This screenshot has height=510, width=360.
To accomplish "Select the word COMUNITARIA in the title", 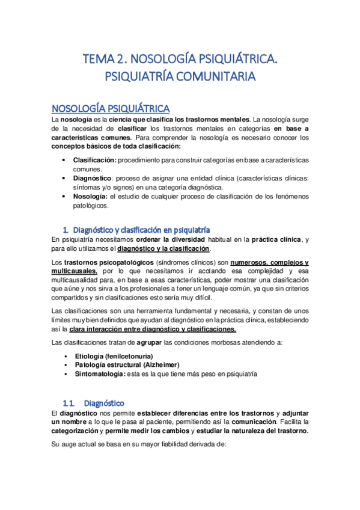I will click(213, 77).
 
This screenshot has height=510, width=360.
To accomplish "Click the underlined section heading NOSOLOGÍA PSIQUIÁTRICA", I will click(111, 108).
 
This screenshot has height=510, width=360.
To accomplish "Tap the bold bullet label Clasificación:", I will click(94, 161).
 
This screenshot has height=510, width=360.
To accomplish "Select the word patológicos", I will click(90, 204).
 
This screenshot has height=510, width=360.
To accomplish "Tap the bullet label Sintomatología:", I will click(99, 373).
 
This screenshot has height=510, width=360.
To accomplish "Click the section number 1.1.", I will click(72, 402).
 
